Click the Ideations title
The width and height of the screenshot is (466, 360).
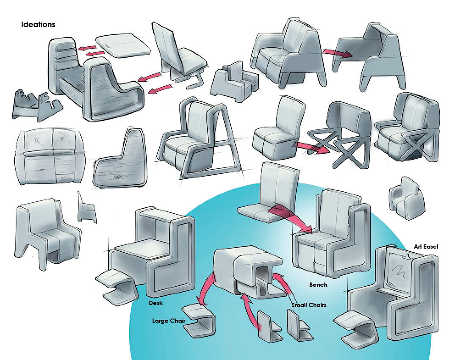coord(38,25)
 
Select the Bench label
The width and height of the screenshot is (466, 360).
coord(318,285)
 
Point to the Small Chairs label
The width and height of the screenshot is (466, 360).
coord(309,305)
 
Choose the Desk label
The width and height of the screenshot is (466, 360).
coord(156,304)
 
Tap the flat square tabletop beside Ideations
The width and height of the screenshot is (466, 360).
coord(123,45)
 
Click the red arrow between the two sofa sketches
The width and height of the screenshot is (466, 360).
coord(338,53)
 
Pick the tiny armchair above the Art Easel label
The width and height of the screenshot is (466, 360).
coord(405,199)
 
